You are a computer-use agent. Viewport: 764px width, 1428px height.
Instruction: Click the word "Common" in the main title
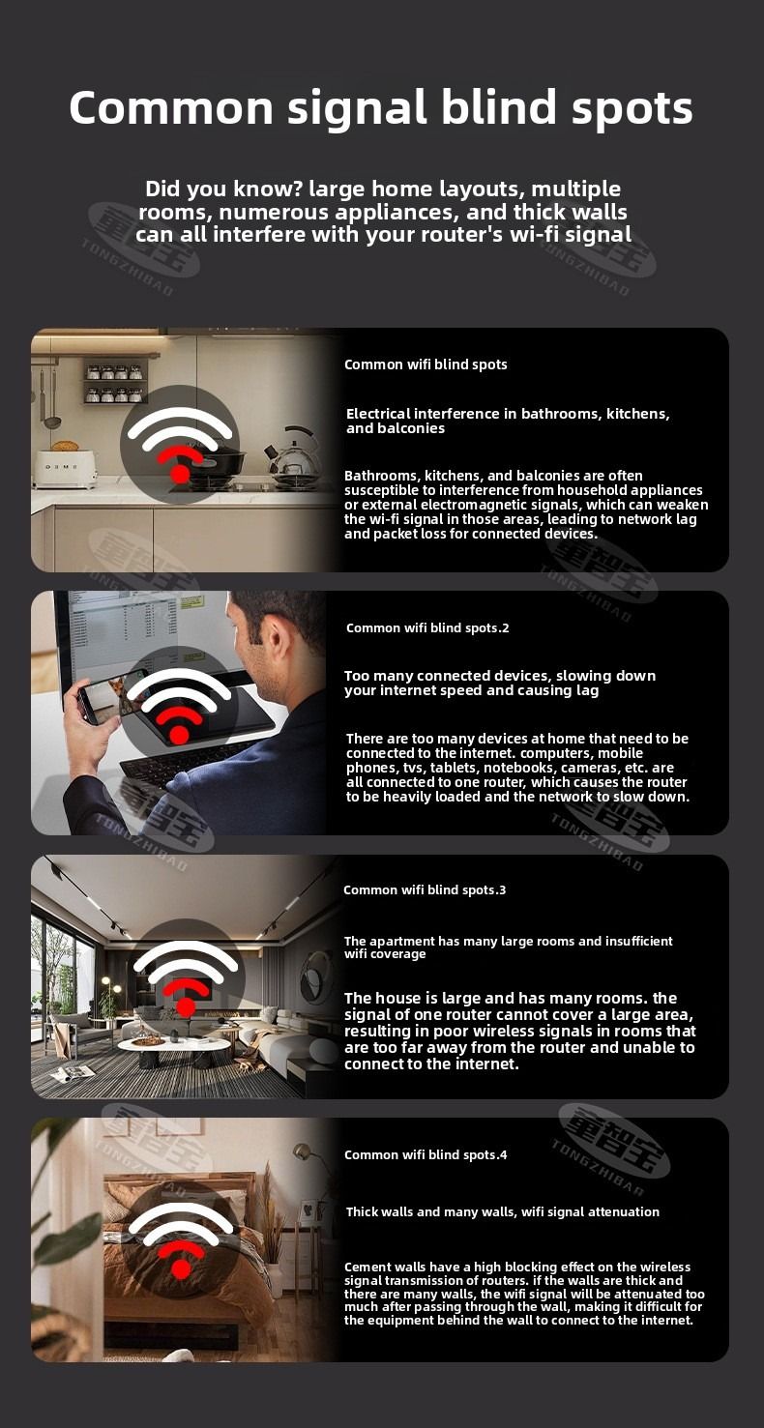[171, 107]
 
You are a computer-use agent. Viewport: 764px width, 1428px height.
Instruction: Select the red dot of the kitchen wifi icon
[181, 473]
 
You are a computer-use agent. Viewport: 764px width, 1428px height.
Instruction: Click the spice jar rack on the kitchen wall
[115, 381]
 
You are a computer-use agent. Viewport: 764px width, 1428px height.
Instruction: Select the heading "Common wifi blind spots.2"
[427, 627]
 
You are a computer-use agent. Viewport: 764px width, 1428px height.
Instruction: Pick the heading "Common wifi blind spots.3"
[425, 889]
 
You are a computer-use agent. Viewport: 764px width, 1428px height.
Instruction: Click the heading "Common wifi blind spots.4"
[426, 1154]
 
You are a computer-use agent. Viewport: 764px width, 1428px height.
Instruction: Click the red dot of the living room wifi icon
[186, 1006]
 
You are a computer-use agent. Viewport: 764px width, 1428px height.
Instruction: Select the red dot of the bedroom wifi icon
[181, 1269]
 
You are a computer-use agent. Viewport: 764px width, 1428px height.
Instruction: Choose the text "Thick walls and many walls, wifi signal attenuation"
[503, 1211]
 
